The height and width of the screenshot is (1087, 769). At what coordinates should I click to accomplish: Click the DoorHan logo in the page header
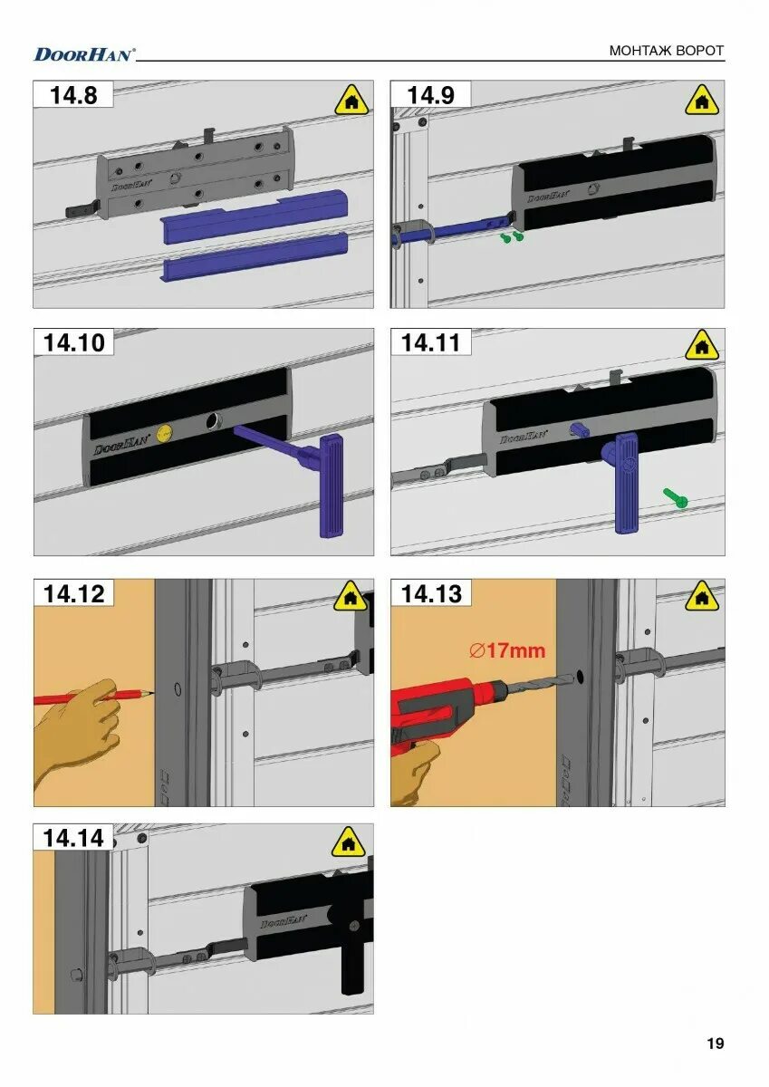84,53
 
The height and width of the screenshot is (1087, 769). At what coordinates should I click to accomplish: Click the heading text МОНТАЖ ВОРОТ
666,51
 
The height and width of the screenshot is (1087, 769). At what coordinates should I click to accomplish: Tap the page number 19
716,1043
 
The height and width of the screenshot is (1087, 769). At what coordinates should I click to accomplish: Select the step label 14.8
73,94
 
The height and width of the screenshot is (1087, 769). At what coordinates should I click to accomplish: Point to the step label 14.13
431,593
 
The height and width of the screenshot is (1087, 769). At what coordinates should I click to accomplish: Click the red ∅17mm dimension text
507,650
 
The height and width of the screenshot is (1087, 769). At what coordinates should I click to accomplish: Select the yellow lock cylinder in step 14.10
165,430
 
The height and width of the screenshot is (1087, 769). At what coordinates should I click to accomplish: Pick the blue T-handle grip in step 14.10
332,486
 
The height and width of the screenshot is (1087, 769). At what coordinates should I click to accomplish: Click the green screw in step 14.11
676,498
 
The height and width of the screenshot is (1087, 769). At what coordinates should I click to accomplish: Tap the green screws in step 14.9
512,237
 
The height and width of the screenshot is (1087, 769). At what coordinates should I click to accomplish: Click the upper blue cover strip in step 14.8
255,215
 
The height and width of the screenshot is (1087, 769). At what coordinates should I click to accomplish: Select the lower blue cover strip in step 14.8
256,256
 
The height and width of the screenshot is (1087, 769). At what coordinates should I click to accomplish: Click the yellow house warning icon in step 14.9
702,101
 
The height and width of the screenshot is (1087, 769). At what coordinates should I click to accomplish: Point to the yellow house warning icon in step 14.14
349,842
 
